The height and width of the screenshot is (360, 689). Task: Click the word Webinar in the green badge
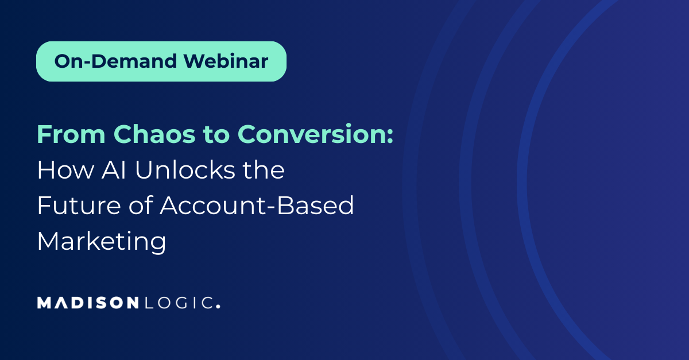click(226, 61)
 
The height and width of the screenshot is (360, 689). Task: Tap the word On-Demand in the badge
click(115, 61)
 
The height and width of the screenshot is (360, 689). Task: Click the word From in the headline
click(71, 134)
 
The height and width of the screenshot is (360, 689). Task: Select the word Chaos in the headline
click(154, 134)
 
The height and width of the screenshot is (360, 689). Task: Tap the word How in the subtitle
click(66, 170)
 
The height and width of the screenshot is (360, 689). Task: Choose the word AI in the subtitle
click(114, 169)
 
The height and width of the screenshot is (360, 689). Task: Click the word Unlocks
click(185, 169)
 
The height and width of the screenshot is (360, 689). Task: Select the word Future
click(79, 206)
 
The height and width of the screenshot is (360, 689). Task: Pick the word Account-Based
click(257, 205)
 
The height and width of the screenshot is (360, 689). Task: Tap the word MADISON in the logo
click(88, 303)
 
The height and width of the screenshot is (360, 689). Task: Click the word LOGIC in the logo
click(178, 303)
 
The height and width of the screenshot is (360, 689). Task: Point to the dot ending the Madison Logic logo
click(218, 306)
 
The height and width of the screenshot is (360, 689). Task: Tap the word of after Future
click(141, 205)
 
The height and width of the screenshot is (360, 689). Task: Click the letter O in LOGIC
click(163, 303)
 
